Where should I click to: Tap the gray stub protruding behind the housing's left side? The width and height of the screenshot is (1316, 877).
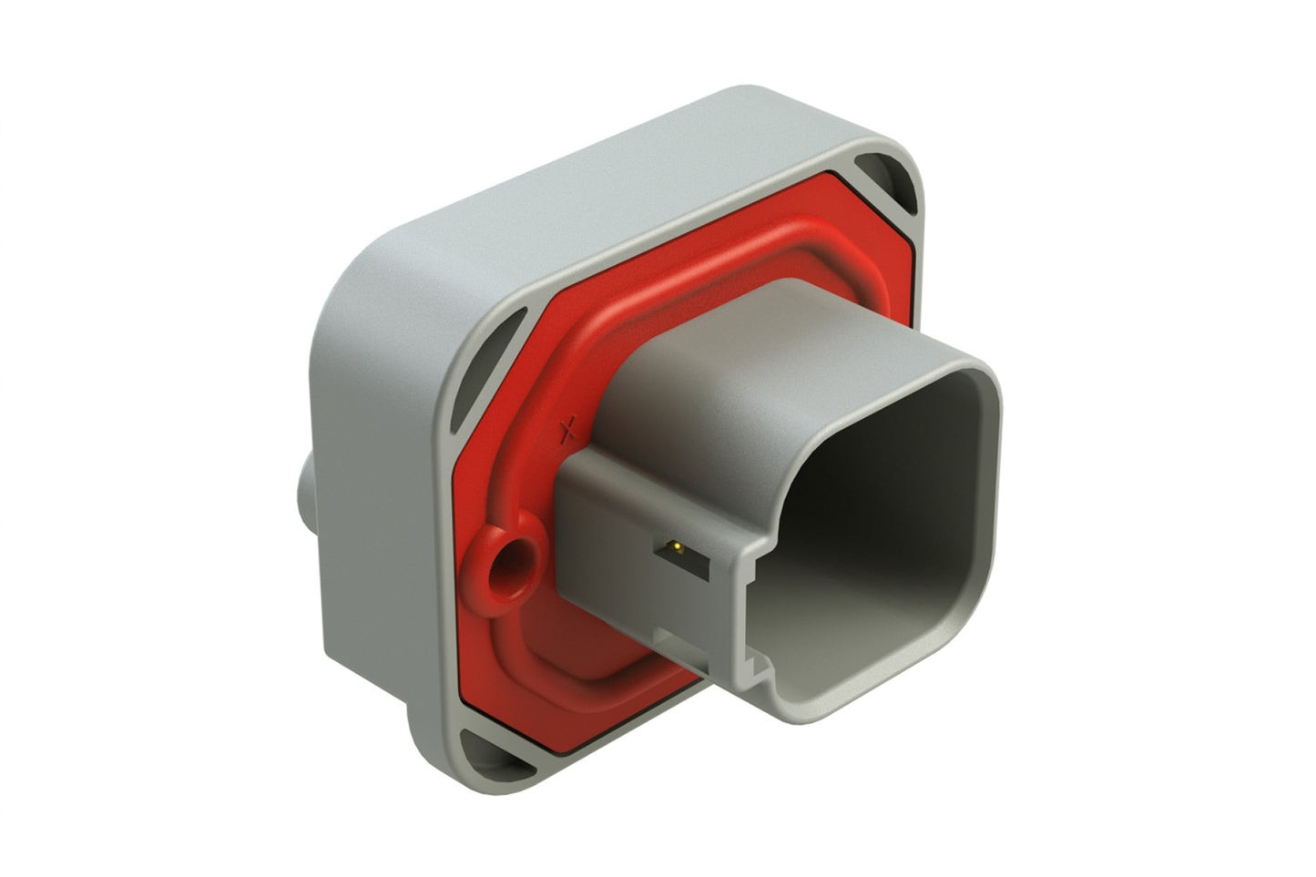305,492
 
